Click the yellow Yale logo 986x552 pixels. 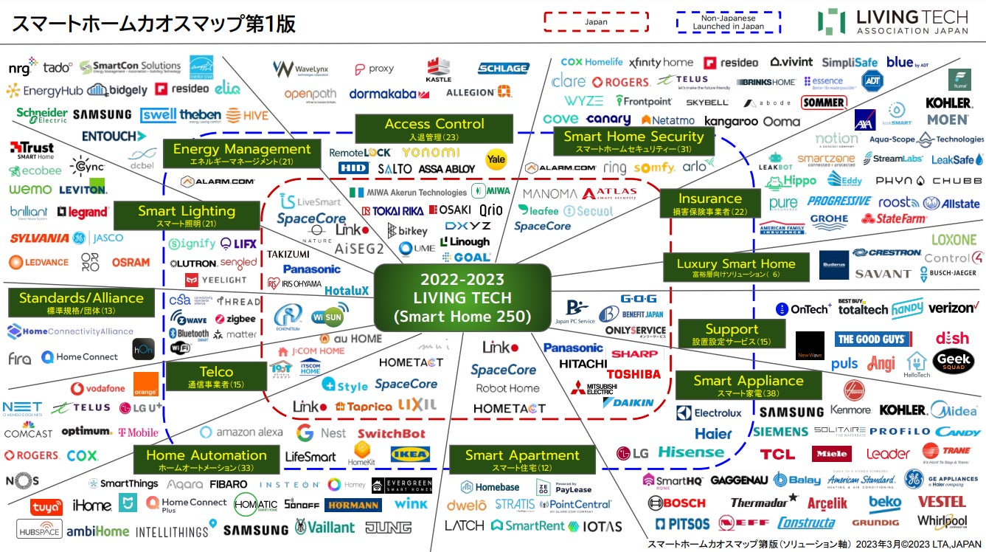point(496,158)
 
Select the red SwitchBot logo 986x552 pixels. point(391,433)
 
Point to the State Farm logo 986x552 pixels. point(894,218)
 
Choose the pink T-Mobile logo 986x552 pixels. point(138,432)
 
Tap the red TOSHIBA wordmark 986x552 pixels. point(633,373)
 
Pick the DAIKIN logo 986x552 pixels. point(628,402)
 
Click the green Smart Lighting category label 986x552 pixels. point(186,215)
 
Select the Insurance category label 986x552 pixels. point(709,202)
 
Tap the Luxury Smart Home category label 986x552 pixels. point(735,267)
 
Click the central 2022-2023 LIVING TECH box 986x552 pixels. point(462,297)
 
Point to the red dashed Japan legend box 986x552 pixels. point(596,21)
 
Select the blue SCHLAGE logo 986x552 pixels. point(503,68)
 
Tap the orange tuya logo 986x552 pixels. point(46,507)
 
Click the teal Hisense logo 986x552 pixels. point(691,452)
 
